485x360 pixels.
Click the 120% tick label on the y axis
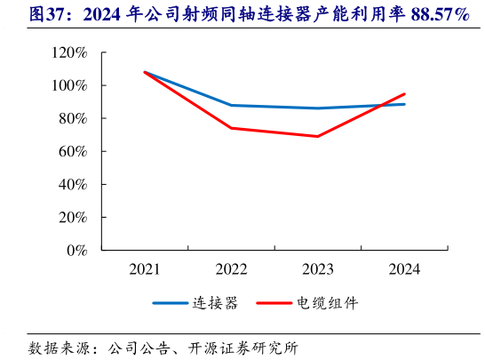(68, 53)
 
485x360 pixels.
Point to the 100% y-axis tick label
(68, 86)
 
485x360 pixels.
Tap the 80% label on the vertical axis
(72, 119)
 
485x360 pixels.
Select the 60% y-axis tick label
(72, 152)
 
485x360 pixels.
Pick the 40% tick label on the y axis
(72, 185)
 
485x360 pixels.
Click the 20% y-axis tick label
(72, 218)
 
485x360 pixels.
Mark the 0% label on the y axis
(76, 251)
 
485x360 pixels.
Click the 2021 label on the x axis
(144, 269)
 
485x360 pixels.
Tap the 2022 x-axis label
(231, 269)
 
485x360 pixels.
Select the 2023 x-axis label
(318, 269)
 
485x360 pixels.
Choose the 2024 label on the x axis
(404, 269)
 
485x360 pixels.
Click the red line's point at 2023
(318, 136)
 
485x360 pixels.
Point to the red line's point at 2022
(231, 128)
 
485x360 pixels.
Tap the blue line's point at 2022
(231, 105)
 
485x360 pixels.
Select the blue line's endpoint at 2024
(405, 104)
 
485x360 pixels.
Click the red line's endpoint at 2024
(405, 94)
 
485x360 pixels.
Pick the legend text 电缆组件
(328, 303)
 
